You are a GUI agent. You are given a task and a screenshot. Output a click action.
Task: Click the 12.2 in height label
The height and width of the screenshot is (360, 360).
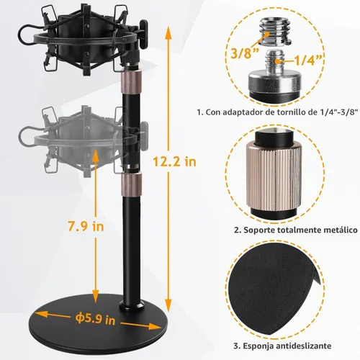tap(174, 161)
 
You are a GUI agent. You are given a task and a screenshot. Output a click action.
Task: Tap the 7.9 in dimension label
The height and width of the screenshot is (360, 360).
tap(86, 226)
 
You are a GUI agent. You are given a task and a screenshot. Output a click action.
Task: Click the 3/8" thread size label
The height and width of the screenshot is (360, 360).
tap(242, 53)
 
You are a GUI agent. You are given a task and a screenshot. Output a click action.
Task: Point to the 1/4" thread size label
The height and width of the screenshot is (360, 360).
tap(308, 60)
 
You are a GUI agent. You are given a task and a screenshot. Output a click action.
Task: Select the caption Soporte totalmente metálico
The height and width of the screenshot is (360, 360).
tap(296, 230)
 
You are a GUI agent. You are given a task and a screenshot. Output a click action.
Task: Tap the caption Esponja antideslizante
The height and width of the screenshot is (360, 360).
tap(282, 346)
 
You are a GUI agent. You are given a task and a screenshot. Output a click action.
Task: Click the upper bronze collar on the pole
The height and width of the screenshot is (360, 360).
tap(131, 81)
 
